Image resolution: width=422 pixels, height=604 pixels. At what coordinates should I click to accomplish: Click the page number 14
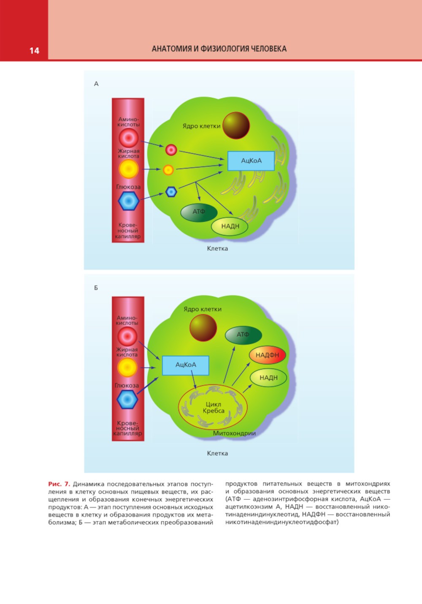(34, 51)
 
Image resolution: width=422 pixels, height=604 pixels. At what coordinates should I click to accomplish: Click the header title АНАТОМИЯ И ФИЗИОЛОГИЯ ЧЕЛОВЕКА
(219, 49)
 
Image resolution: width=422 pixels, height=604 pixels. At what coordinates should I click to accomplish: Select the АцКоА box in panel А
(251, 161)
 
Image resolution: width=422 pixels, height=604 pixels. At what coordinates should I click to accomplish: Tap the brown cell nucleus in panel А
(236, 125)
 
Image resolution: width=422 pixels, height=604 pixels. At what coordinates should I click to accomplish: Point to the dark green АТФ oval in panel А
(199, 212)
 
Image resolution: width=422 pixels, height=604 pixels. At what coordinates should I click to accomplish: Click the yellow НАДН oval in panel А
(230, 226)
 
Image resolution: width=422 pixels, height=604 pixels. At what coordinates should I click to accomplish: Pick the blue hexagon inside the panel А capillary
(128, 201)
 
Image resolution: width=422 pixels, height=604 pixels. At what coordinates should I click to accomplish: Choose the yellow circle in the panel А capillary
(128, 169)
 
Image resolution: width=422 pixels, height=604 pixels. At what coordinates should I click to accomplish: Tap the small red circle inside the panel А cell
(171, 150)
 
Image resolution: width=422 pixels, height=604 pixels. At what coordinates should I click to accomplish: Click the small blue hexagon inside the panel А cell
(170, 192)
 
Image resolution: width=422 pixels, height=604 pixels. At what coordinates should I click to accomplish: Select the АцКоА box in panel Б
(186, 365)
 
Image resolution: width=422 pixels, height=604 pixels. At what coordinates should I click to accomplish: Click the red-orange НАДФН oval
(268, 355)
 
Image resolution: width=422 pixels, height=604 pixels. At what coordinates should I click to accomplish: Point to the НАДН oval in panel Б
(268, 378)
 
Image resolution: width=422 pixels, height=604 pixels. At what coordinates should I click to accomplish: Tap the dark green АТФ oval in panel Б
(243, 335)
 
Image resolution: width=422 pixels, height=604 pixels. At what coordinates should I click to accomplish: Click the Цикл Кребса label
(213, 407)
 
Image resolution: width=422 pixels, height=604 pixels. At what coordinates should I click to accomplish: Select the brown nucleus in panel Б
(203, 328)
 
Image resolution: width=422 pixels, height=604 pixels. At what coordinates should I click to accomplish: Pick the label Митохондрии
(234, 433)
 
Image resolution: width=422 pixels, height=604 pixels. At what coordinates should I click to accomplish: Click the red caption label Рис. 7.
(59, 484)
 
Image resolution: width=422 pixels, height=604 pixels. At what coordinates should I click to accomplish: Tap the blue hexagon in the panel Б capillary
(127, 399)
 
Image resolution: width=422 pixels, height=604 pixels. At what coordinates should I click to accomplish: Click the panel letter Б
(96, 288)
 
